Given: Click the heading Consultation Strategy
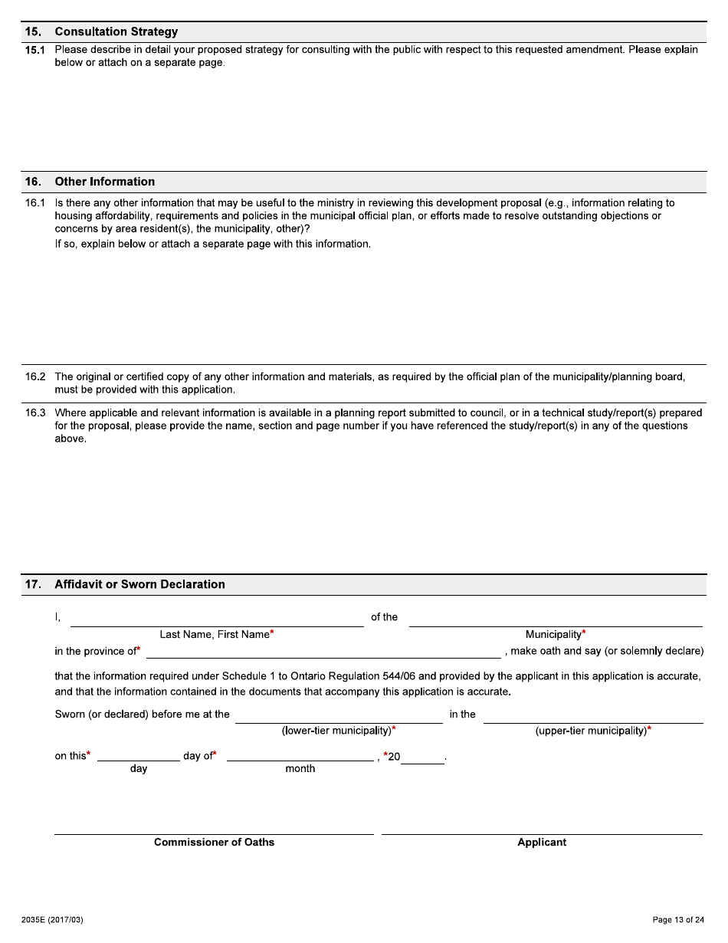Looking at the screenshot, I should (116, 31).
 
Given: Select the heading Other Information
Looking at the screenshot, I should (104, 182).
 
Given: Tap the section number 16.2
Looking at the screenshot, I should (35, 376).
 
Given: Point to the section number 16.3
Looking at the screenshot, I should (35, 412).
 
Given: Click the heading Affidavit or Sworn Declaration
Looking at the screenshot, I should (139, 584).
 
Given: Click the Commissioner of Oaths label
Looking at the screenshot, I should (214, 842).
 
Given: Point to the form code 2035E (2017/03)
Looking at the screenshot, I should (52, 920).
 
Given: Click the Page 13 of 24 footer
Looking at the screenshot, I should (677, 920).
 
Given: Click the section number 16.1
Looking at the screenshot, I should (35, 203).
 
